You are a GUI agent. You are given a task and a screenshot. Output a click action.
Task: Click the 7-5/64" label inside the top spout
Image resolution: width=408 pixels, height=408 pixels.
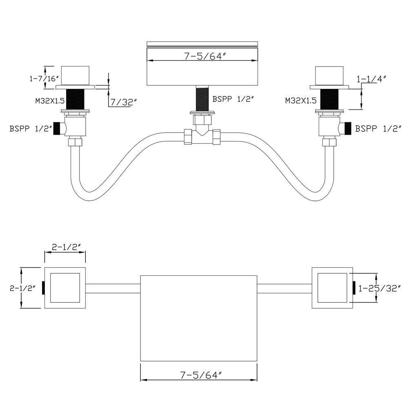click(205, 57)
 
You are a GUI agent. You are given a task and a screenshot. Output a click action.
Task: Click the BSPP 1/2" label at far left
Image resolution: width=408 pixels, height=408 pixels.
click(31, 129)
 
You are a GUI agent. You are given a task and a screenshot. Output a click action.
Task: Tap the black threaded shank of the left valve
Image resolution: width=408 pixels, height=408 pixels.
click(75, 99)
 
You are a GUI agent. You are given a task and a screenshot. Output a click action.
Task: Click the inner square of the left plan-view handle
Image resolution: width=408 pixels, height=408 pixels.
click(65, 288)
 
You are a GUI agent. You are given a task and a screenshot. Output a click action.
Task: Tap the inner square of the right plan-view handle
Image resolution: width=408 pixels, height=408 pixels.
click(332, 288)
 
